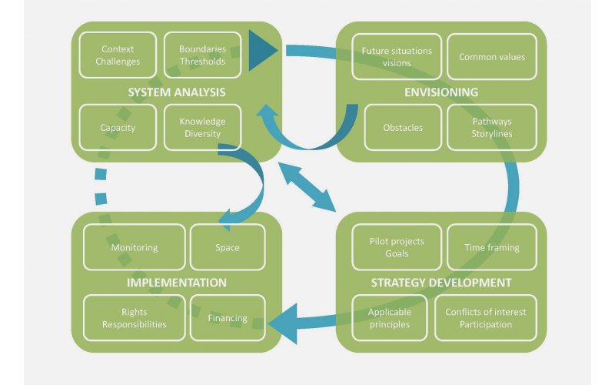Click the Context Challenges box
tap(118, 55)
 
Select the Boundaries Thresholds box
tap(202, 55)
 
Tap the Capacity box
tap(118, 128)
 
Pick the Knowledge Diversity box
tap(202, 128)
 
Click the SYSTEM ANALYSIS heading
tap(177, 92)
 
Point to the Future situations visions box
tap(397, 57)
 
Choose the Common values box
tap(492, 57)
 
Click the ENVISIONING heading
tap(441, 92)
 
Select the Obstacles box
tap(403, 128)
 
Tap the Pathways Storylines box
tap(492, 128)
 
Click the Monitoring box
tap(134, 247)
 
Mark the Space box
tap(228, 247)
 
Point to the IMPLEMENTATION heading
tap(177, 283)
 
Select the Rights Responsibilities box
tap(134, 318)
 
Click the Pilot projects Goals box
tap(397, 247)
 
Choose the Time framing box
tap(492, 247)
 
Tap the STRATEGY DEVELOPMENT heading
tap(441, 283)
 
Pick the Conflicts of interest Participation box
tap(486, 318)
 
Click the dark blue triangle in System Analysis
tap(261, 50)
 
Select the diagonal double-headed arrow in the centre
tap(307, 187)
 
